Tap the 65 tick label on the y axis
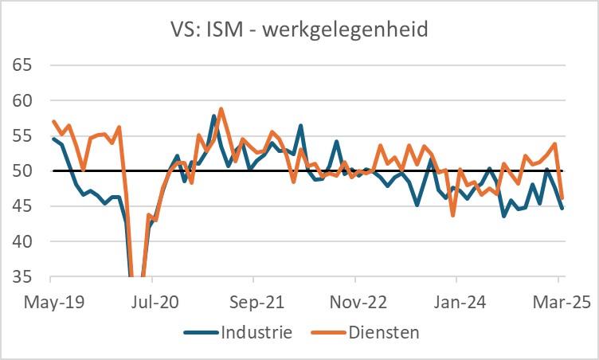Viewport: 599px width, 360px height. (24, 65)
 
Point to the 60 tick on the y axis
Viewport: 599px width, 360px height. (24, 100)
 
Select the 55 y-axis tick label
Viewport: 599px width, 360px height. (24, 135)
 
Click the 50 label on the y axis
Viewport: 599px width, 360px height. (24, 170)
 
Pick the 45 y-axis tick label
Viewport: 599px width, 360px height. (24, 205)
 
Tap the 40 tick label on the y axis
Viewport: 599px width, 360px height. (24, 241)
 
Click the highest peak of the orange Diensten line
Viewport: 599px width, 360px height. (221, 109)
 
